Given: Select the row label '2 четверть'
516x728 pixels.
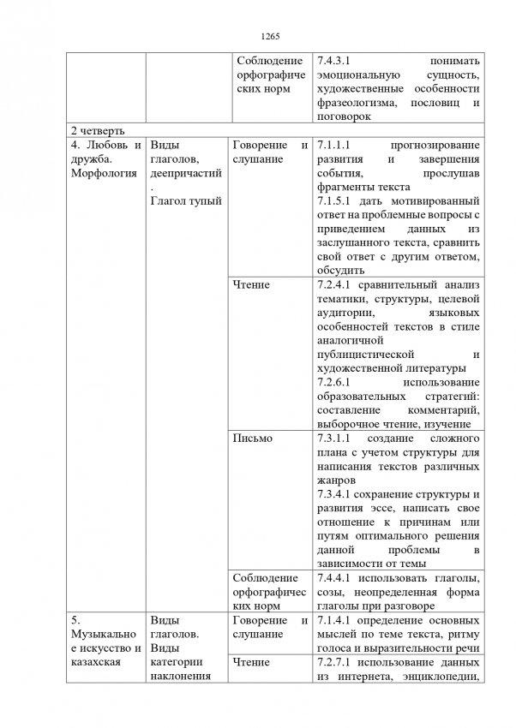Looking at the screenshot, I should [x=99, y=130].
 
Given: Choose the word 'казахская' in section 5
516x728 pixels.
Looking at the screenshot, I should [x=94, y=662].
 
